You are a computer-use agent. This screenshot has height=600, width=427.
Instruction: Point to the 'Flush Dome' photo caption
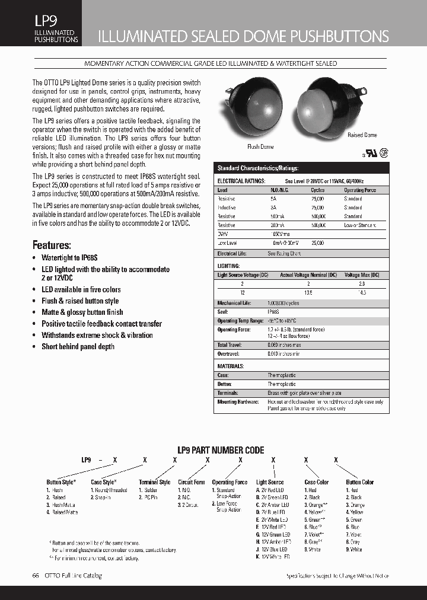[260, 146]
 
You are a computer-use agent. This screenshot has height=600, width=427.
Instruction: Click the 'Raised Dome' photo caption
[362, 135]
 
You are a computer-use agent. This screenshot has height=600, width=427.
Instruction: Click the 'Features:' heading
[52, 245]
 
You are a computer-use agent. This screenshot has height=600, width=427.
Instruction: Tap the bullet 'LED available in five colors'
[81, 289]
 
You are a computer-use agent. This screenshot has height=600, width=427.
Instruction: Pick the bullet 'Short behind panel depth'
[78, 346]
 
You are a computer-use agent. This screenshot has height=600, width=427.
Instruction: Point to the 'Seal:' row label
[224, 311]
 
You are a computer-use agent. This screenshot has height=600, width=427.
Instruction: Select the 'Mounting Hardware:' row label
[238, 401]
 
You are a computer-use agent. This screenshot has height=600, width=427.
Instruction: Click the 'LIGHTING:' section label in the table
[229, 266]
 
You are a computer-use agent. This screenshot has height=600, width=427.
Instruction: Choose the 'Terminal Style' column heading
[155, 482]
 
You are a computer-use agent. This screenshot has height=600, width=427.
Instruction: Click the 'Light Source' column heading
[270, 482]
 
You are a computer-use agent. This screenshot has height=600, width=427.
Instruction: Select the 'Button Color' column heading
[360, 482]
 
